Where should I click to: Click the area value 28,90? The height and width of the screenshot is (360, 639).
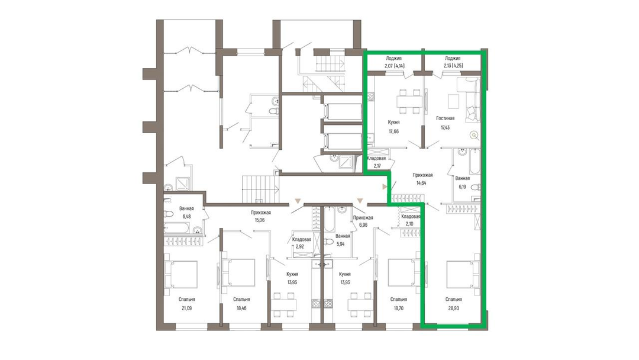453,308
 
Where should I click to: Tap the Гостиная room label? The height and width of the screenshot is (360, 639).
445,118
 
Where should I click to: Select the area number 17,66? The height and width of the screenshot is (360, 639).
393,131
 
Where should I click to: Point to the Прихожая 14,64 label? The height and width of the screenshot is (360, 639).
422,179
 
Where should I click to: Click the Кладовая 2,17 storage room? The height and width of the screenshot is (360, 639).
376,162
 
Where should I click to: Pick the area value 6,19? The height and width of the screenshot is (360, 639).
462,187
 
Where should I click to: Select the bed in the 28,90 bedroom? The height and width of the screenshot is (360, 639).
463,274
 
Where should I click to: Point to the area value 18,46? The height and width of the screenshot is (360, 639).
241,308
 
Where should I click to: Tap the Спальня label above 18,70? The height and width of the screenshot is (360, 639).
398,299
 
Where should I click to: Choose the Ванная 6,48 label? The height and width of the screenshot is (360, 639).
186,213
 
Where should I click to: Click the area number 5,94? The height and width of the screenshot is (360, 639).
340,244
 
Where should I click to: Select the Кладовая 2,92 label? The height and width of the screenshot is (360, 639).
302,243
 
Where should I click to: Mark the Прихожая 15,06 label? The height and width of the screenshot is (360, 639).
260,216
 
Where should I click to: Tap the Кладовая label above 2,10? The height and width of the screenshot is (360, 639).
411,217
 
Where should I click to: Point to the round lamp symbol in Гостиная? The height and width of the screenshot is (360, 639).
474,135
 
